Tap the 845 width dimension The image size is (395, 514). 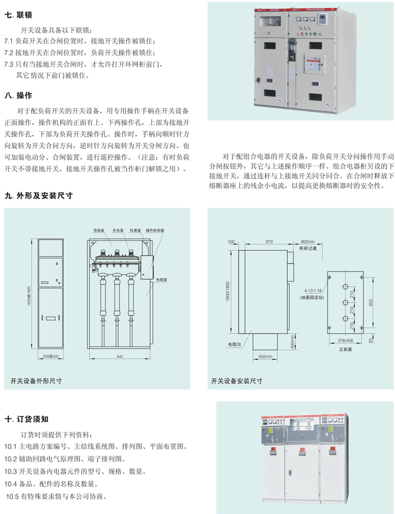pos(120,357)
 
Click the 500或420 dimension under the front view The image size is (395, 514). pos(51,357)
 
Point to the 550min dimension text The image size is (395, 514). pos(265,357)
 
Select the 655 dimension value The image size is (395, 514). pos(370,302)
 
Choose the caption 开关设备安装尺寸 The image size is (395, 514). pos(236,381)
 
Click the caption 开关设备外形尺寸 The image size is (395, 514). pos(36,381)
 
